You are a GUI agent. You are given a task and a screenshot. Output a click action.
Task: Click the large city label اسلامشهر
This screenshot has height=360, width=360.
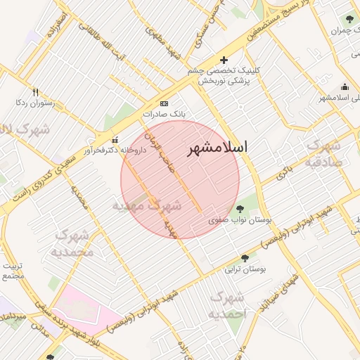pos(219,148)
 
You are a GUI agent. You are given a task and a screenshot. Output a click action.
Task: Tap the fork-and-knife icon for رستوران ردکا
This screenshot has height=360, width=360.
pos(34,91)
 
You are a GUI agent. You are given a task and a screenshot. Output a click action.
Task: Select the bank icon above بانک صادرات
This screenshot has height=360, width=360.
pos(165,103)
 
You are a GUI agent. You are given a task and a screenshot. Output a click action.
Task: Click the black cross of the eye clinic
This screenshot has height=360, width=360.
pos(224,60)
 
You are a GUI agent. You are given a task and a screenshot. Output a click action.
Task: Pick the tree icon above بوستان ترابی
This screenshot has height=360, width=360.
pos(245,258)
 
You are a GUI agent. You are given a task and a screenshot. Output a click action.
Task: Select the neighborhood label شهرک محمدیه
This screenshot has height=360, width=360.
pos(72,243)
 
